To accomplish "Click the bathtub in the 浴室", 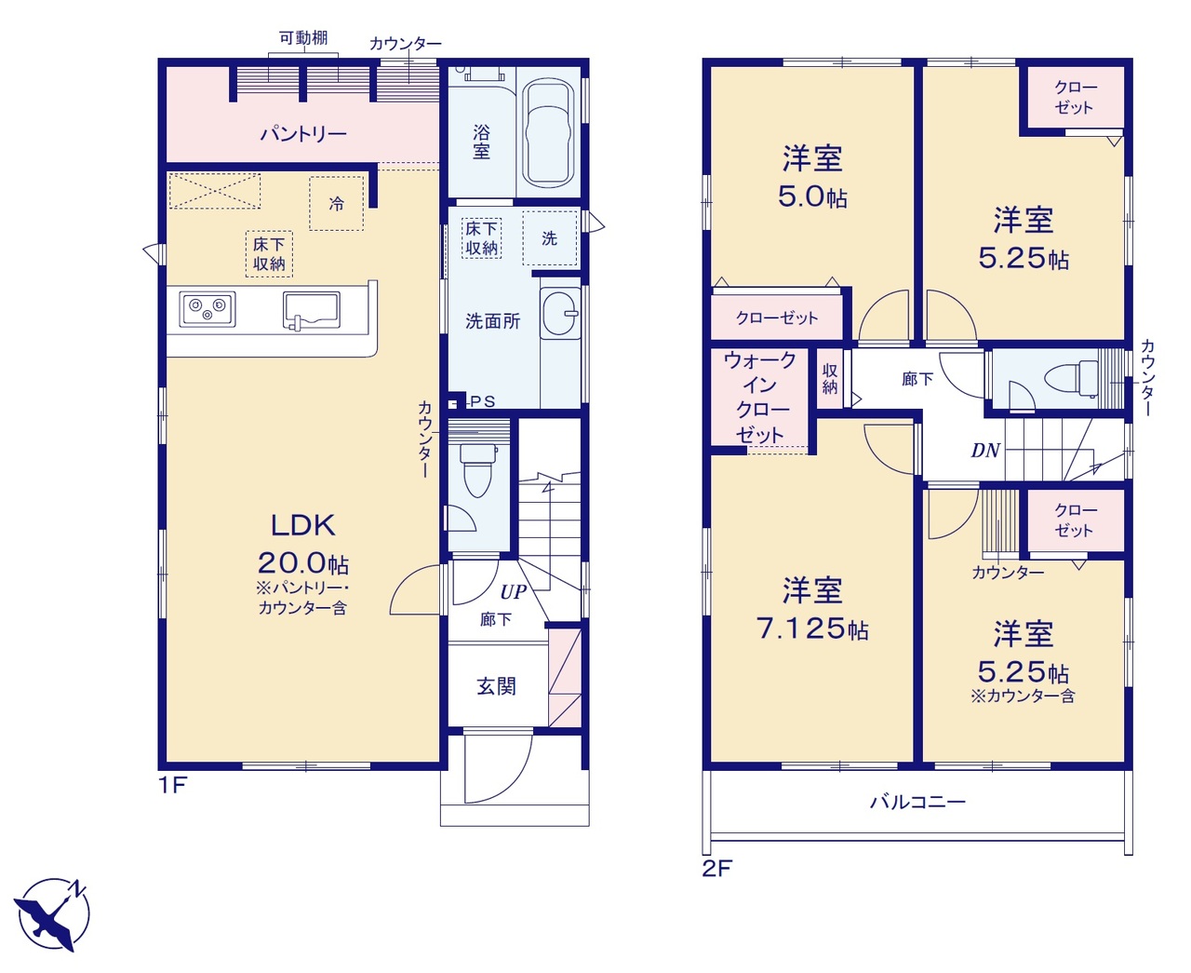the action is [x=548, y=133].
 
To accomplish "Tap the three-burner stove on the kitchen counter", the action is [x=207, y=308].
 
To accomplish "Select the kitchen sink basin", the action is [x=311, y=310].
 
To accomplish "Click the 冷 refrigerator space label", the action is [x=337, y=204].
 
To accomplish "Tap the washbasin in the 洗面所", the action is [x=560, y=313].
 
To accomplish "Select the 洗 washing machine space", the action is [x=550, y=237].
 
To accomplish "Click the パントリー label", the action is [x=303, y=134].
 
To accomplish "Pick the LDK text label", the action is [x=303, y=525].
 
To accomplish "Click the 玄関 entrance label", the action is [x=496, y=686].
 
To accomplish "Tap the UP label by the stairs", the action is [x=514, y=591].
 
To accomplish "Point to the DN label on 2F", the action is [x=985, y=451].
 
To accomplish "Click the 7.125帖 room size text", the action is [x=812, y=628].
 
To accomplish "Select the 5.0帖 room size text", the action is [x=812, y=196].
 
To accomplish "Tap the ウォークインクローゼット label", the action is [x=760, y=398].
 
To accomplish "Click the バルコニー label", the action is [x=917, y=802].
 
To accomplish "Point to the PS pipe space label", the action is [x=483, y=401].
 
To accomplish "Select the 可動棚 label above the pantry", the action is [x=303, y=38].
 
